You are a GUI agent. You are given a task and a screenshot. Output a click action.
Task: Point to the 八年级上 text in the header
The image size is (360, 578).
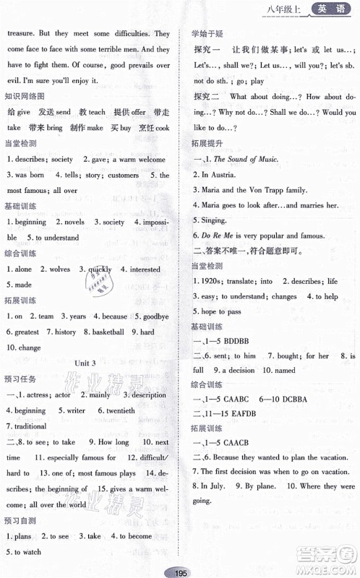[x=285, y=10]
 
